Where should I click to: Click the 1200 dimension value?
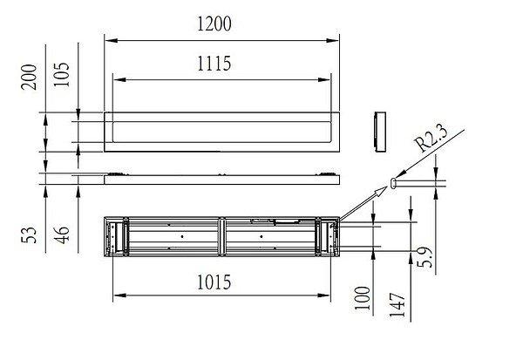pos(214,24)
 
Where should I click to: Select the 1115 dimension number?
pos(214,64)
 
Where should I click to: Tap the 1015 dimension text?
pos(214,282)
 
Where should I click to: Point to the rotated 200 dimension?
pos(29,77)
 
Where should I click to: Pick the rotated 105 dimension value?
pos(61,74)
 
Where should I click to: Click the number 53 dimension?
pos(29,235)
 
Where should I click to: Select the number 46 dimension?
pos(61,235)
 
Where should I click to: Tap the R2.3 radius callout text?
pos(431,139)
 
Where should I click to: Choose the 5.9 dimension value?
pos(425,257)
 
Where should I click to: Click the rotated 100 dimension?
pos(363,298)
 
